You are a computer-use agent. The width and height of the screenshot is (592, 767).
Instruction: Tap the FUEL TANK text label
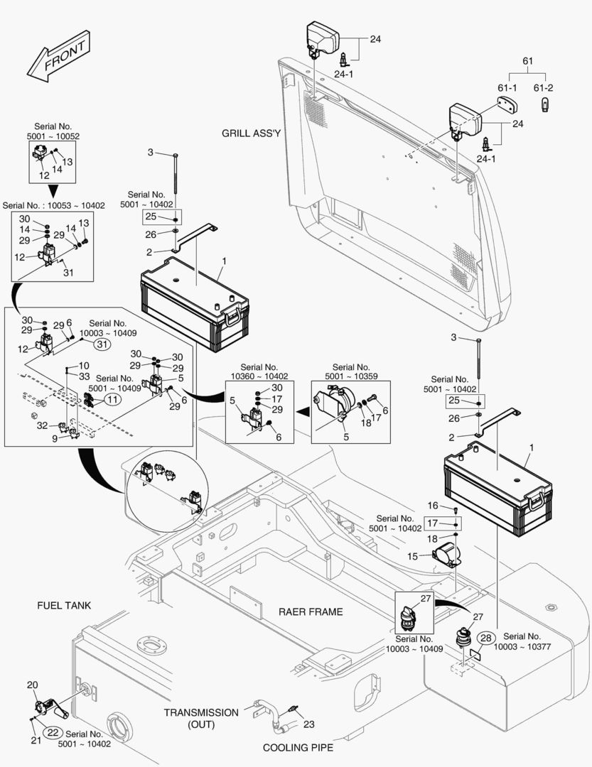coord(64,605)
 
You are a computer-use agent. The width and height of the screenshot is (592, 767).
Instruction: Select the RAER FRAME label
coord(311,611)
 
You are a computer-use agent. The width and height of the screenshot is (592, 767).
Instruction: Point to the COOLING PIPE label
coord(298,747)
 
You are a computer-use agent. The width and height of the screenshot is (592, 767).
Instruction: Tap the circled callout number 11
coord(112,400)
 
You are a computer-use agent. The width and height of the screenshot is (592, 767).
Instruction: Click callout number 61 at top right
coord(527,62)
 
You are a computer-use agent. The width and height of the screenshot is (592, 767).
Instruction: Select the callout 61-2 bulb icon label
coord(544,87)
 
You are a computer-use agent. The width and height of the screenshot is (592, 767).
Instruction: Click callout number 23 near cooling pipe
coord(308,724)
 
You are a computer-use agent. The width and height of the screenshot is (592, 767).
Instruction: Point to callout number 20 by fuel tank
coord(32,685)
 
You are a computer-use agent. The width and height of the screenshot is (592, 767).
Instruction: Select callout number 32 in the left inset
coord(42,425)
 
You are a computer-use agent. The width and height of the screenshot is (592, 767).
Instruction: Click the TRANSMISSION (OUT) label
coord(201,718)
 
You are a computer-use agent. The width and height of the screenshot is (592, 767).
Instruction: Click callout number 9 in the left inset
coord(55,438)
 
